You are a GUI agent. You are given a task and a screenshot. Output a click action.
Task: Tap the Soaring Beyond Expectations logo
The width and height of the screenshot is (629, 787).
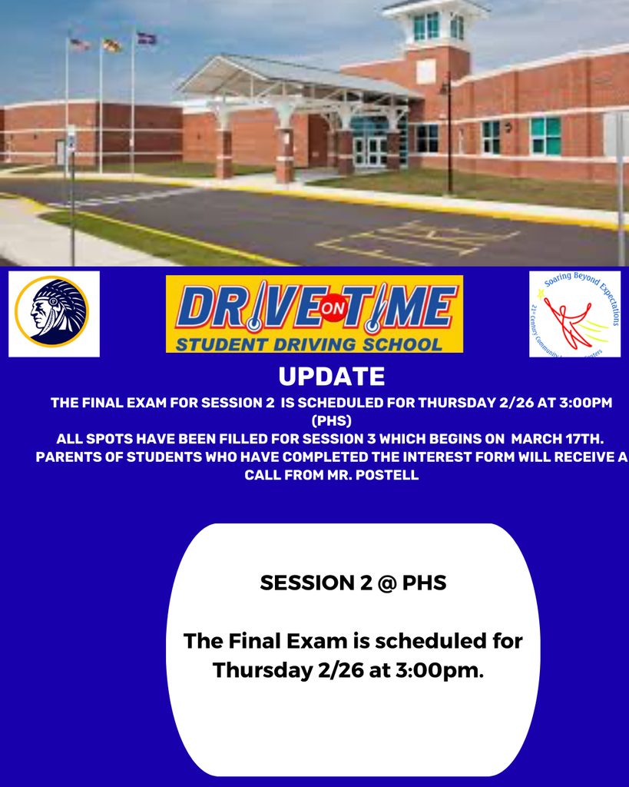tap(575, 314)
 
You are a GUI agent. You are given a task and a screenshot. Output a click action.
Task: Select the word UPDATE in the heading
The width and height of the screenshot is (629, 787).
tap(331, 377)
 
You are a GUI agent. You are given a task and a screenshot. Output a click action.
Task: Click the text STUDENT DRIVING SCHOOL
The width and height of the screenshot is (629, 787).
tap(309, 344)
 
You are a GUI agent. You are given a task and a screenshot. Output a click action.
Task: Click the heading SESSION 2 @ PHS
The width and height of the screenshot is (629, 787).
tap(353, 583)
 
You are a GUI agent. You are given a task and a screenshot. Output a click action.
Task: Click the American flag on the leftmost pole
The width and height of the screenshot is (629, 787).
tap(79, 45)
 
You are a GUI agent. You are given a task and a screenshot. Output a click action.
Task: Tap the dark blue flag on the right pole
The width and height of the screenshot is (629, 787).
tap(146, 38)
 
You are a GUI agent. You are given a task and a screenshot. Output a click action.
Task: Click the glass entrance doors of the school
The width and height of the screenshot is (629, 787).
tap(370, 151)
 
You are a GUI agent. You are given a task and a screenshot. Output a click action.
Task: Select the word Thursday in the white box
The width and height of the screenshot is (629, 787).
tap(262, 670)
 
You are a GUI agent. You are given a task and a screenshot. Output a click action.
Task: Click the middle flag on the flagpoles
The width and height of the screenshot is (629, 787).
tap(112, 45)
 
